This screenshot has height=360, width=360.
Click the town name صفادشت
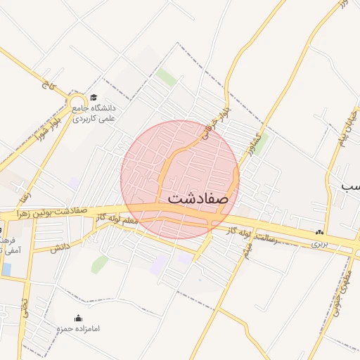coord(199,199)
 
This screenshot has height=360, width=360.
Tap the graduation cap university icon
coord(94,98)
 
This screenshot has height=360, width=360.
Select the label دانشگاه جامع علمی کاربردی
coord(98,114)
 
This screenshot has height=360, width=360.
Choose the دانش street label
coord(60,247)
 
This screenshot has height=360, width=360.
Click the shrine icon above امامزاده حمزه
coord(78,318)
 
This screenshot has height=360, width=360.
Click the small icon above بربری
coord(320,233)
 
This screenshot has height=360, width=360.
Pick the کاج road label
coord(47,89)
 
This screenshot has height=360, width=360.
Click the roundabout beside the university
coord(78,110)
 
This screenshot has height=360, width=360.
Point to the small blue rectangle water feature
coord(6,269)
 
